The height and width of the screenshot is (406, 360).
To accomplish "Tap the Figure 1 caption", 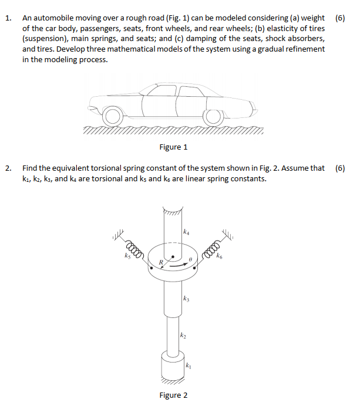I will point(173,147).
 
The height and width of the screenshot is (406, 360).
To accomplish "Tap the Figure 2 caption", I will point(173,395).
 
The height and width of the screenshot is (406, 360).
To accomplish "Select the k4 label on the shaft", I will point(186,233).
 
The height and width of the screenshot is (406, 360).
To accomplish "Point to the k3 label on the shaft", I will point(186,299).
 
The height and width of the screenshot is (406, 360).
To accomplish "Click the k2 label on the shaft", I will point(183,335).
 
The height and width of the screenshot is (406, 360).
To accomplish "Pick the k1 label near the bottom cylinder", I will point(188,366).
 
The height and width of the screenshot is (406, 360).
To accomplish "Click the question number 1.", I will point(8,18).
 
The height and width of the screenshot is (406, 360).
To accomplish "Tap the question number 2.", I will point(8,168).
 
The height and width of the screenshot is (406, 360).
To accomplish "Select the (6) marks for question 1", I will point(340,18).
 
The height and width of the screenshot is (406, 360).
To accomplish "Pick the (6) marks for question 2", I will point(340,168).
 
